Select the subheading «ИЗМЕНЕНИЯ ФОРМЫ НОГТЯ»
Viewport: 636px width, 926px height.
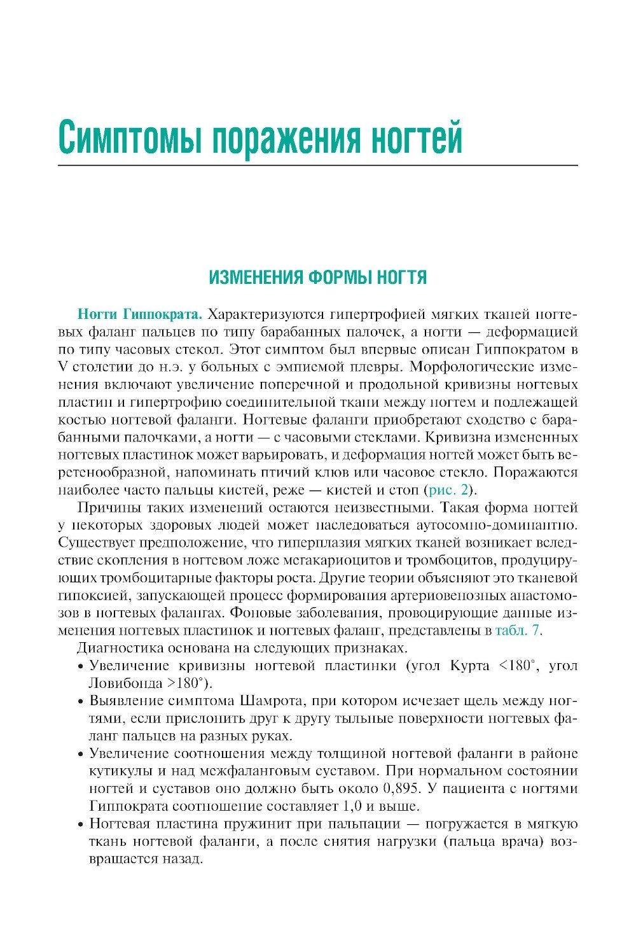[x=317, y=277]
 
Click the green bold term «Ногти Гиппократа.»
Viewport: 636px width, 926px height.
[x=139, y=314]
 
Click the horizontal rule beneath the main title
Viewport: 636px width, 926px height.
[x=317, y=165]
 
